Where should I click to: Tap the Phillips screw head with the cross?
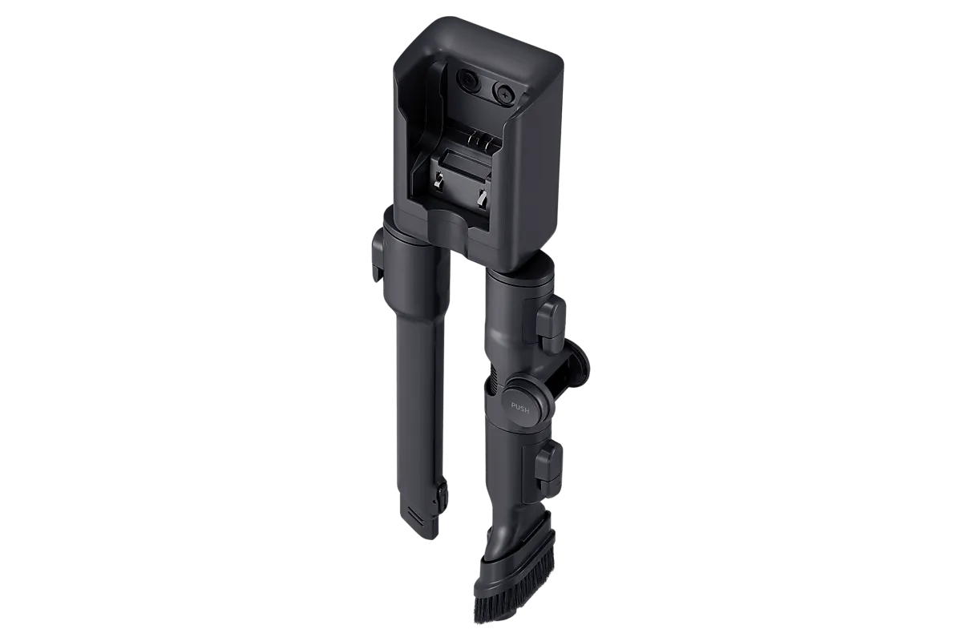[x=504, y=91]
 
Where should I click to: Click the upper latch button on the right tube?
[x=551, y=319]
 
